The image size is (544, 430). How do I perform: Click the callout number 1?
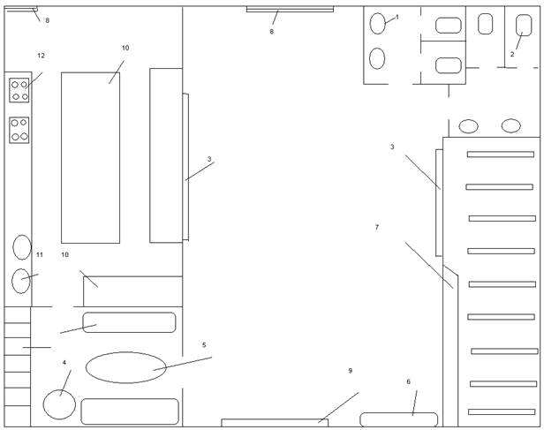click(x=397, y=17)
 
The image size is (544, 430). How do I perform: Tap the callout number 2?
click(x=512, y=54)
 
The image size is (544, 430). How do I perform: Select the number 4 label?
click(x=64, y=362)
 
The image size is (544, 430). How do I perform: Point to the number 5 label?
click(x=204, y=344)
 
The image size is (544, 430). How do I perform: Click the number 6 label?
click(x=408, y=381)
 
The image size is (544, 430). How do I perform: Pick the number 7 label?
click(x=377, y=227)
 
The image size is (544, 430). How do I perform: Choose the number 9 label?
click(x=350, y=371)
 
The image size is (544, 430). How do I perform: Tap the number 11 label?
click(x=40, y=254)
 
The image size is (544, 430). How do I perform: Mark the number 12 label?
click(x=41, y=56)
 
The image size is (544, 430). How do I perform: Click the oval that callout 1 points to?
click(x=377, y=23)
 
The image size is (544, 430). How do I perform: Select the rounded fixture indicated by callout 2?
click(x=524, y=25)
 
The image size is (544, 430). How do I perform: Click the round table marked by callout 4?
click(x=59, y=404)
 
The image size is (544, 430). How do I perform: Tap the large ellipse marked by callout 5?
click(x=126, y=367)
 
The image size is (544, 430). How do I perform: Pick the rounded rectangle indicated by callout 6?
click(x=398, y=419)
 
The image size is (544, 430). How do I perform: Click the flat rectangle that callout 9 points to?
click(x=275, y=423)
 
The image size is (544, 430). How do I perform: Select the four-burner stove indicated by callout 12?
click(x=19, y=90)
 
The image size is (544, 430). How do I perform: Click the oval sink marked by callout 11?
click(x=21, y=281)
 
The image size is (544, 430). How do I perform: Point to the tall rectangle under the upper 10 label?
click(x=91, y=158)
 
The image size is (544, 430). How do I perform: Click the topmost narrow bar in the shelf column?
click(x=500, y=155)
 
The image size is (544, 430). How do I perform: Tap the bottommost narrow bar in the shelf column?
click(x=502, y=412)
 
